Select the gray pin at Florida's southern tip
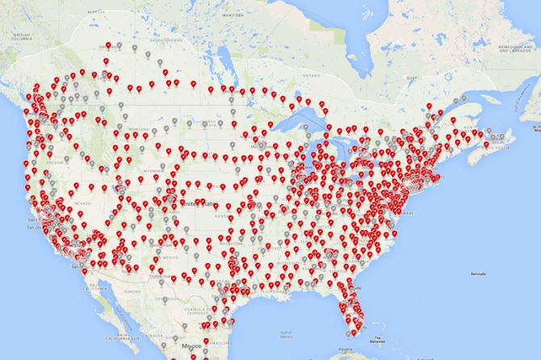[x=348, y=331]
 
